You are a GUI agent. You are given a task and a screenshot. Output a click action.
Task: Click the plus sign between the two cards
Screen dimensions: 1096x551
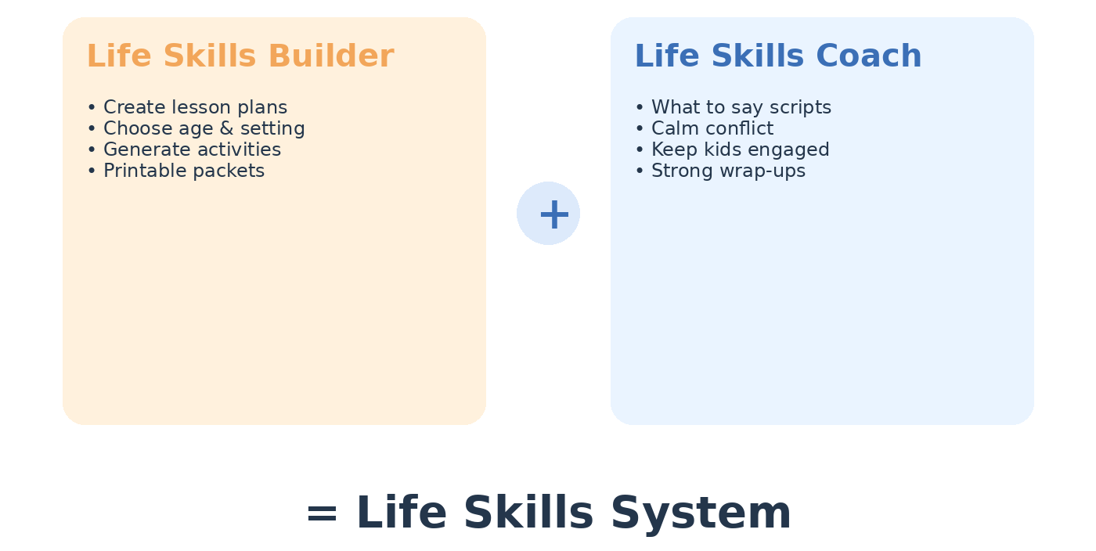point(554,214)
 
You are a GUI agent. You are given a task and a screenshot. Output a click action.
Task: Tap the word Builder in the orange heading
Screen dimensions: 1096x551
point(331,56)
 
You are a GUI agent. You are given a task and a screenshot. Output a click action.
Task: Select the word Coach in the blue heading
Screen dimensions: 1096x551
point(868,56)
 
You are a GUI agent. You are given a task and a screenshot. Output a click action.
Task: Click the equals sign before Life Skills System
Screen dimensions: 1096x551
point(322,513)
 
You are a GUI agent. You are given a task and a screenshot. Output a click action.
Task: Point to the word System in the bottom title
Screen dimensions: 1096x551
point(701,513)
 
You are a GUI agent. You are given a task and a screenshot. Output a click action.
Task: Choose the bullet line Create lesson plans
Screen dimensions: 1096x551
point(187,107)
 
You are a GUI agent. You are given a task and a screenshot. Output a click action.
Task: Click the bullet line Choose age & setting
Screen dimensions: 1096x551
point(196,128)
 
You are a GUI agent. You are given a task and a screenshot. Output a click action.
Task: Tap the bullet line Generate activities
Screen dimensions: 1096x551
point(185,149)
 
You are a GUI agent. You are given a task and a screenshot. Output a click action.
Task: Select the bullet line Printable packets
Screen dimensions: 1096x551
point(176,171)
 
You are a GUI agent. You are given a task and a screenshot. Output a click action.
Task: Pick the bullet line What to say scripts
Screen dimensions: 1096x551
point(734,107)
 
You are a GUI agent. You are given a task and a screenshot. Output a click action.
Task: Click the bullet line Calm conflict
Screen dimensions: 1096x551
point(705,128)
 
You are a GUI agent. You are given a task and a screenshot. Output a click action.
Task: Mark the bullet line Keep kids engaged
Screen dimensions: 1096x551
point(733,149)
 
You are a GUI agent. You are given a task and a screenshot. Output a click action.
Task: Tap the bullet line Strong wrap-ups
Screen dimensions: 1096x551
point(720,171)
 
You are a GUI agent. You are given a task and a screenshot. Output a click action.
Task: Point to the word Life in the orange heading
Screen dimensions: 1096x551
point(119,56)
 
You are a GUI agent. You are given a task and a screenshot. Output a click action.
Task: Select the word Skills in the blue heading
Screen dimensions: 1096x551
point(758,56)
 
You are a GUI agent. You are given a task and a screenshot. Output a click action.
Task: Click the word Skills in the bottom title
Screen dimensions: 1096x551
point(528,513)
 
